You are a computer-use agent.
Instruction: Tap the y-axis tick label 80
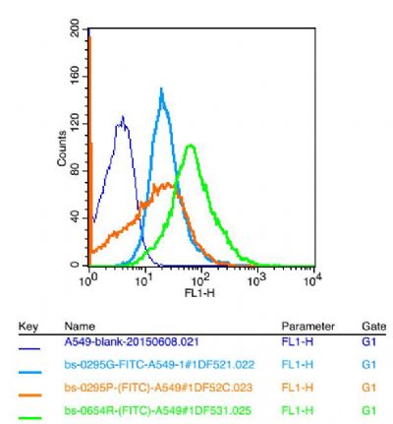[75, 171]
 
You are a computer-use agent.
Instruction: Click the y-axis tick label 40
[75, 218]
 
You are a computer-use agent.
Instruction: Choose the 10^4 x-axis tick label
[311, 280]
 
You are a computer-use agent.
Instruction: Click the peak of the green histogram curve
[190, 146]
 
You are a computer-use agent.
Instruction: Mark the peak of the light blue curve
[161, 90]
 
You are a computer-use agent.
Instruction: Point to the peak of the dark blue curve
[122, 117]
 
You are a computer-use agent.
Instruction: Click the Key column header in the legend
[29, 326]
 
